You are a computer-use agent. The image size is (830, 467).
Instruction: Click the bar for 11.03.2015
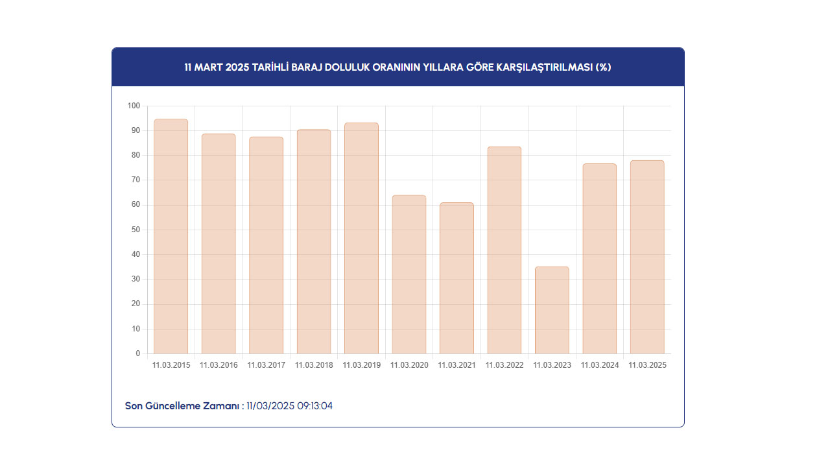171,237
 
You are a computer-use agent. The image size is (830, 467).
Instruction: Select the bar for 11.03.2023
552,310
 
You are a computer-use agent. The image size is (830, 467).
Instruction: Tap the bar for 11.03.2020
409,274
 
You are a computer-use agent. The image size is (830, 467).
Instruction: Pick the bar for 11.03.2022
504,250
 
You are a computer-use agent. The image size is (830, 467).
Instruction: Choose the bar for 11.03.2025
647,257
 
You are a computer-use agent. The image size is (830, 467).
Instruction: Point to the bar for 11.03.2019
361,238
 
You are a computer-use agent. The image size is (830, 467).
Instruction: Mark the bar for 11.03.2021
456,278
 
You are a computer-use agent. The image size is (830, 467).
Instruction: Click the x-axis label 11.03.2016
219,365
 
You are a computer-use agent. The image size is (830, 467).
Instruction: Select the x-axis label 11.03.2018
314,365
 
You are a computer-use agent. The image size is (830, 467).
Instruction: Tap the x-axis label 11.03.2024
600,365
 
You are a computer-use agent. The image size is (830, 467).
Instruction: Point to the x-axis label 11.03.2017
266,365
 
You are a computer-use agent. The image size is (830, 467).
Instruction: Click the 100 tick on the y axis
134,106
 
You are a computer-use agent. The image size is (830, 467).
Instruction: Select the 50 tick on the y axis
136,230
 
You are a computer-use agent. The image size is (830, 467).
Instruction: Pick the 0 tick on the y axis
137,353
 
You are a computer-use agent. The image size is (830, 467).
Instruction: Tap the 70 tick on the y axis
136,180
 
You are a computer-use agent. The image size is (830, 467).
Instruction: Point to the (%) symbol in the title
603,67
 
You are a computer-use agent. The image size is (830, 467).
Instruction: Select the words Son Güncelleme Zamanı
184,406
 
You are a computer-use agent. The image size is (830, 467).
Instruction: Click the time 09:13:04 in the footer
314,406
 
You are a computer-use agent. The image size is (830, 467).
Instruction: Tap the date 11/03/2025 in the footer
270,406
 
